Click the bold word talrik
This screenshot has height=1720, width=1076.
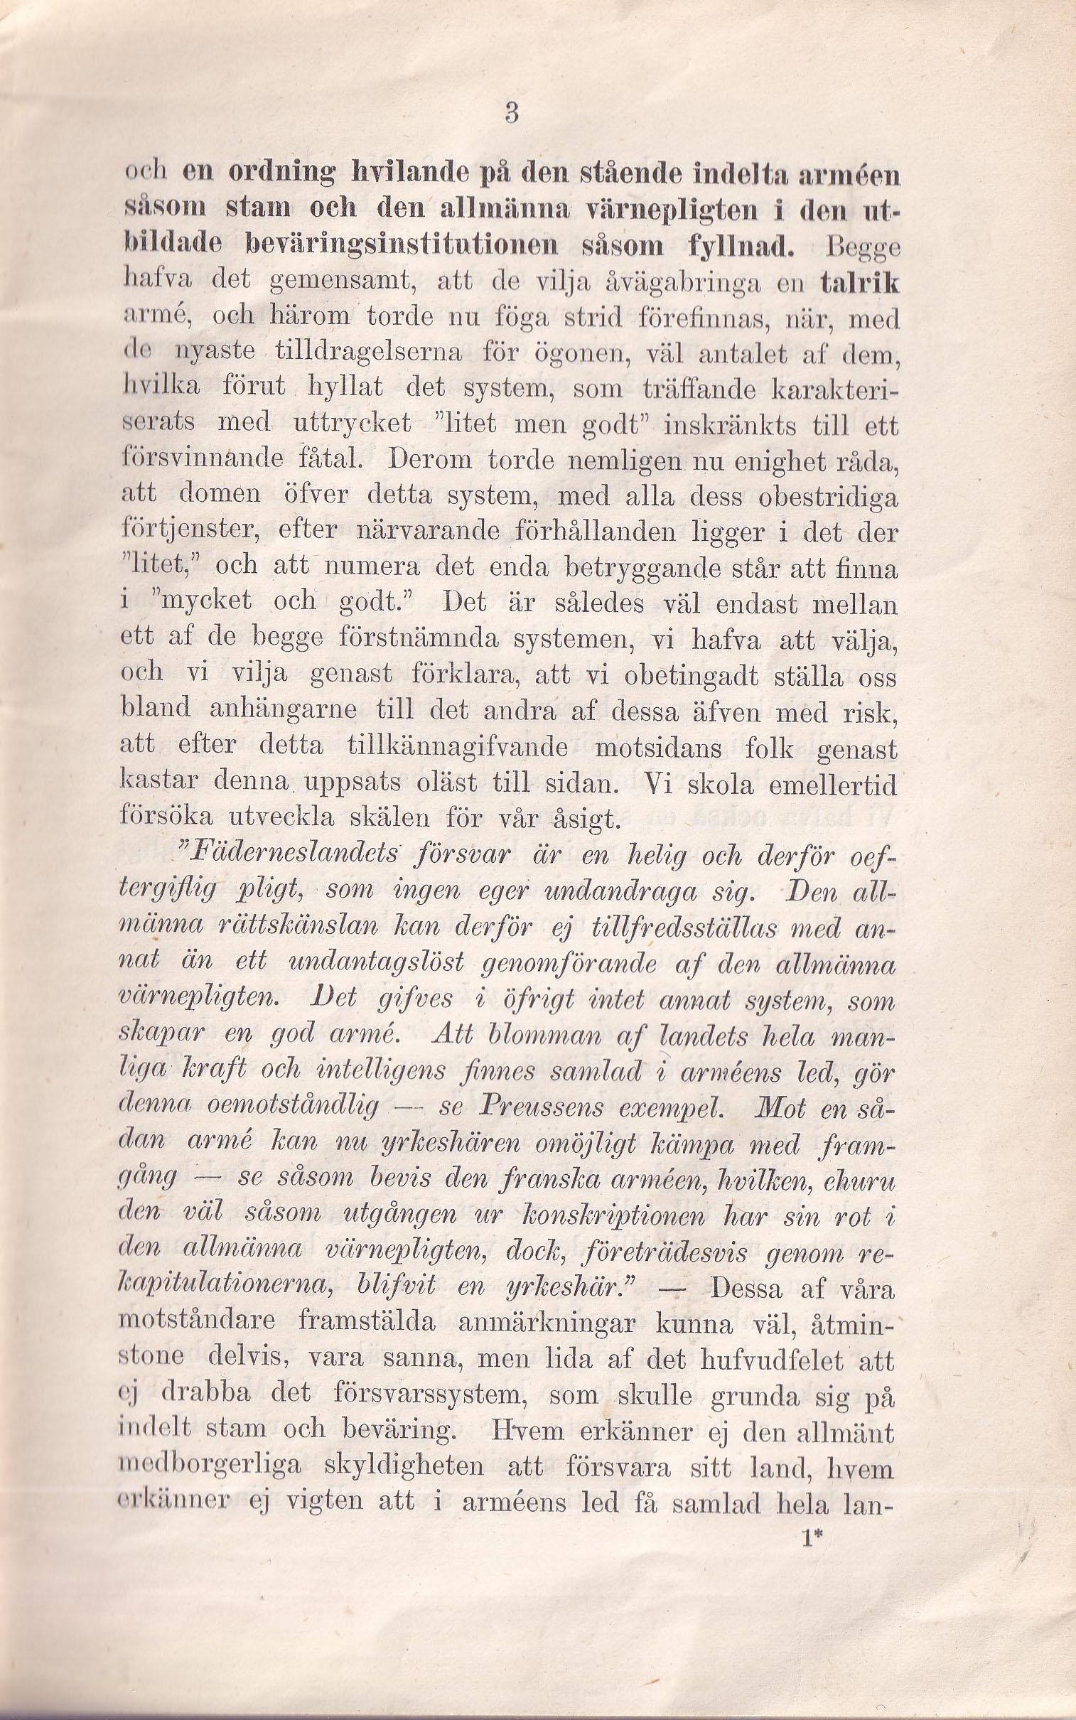[859, 282]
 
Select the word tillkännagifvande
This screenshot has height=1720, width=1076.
[457, 747]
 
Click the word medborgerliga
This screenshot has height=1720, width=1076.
[210, 1466]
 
